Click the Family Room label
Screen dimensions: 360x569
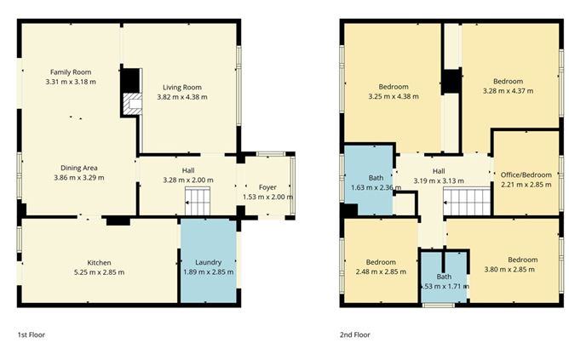pyautogui.click(x=70, y=72)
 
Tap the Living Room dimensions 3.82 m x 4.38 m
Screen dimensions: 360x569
pyautogui.click(x=181, y=97)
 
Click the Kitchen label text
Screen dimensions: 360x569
pyautogui.click(x=100, y=262)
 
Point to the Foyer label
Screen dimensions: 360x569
pyautogui.click(x=268, y=186)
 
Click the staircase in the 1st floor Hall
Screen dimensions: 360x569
pyautogui.click(x=198, y=203)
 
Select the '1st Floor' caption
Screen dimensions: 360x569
pyautogui.click(x=31, y=335)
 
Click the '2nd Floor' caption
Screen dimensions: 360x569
pyautogui.click(x=355, y=335)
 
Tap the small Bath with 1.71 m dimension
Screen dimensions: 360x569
pyautogui.click(x=445, y=282)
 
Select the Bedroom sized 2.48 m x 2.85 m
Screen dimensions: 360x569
pyautogui.click(x=381, y=266)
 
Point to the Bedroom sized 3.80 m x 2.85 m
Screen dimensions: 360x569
pyautogui.click(x=522, y=264)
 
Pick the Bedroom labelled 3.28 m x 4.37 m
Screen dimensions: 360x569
pyautogui.click(x=509, y=87)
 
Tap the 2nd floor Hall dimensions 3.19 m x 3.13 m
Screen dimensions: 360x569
pyautogui.click(x=438, y=180)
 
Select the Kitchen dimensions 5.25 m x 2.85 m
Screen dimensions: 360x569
pyautogui.click(x=100, y=272)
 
